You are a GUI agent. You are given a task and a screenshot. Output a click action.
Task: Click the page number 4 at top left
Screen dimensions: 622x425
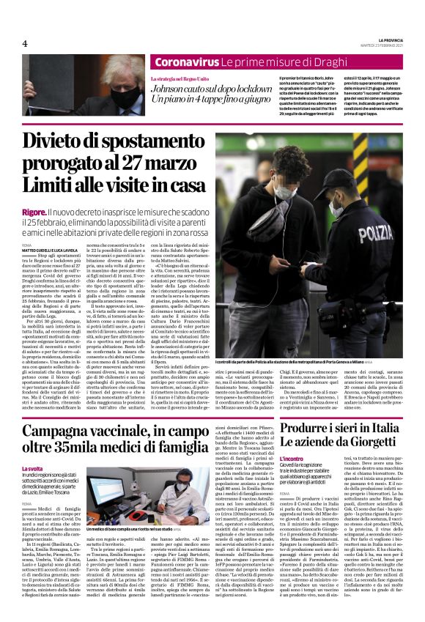click(x=24, y=42)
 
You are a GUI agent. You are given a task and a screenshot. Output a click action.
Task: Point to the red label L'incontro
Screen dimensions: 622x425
click(x=291, y=459)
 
